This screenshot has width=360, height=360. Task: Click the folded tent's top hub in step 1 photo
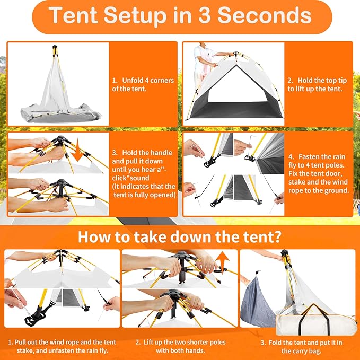(x=54, y=51)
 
